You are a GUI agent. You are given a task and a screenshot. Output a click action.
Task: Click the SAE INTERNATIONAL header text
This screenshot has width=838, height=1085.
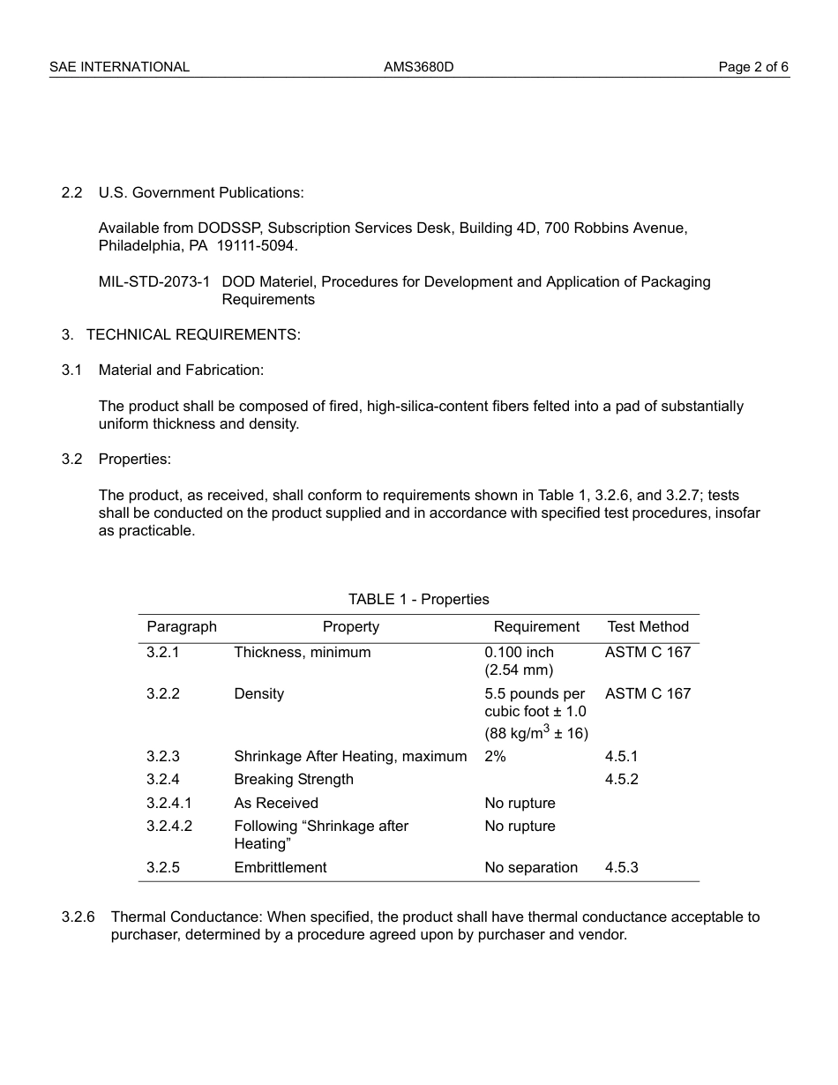pyautogui.click(x=119, y=67)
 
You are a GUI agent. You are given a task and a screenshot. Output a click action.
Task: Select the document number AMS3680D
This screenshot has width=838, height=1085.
pyautogui.click(x=418, y=67)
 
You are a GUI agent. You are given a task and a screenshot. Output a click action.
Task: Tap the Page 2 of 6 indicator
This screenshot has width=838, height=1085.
pyautogui.click(x=753, y=67)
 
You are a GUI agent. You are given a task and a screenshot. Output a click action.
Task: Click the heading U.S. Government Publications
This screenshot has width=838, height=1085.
pyautogui.click(x=200, y=192)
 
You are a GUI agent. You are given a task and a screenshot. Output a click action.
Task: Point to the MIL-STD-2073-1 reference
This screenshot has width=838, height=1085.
pyautogui.click(x=154, y=282)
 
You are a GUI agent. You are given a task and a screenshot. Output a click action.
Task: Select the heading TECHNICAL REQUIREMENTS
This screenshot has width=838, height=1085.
pyautogui.click(x=193, y=334)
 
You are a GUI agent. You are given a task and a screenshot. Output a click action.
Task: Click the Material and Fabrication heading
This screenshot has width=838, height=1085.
pyautogui.click(x=181, y=370)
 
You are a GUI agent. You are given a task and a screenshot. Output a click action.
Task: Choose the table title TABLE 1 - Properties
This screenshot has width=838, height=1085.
pyautogui.click(x=418, y=600)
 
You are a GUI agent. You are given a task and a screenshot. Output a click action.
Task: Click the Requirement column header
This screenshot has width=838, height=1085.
pyautogui.click(x=536, y=627)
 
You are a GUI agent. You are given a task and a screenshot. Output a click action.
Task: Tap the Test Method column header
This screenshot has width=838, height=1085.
pyautogui.click(x=647, y=627)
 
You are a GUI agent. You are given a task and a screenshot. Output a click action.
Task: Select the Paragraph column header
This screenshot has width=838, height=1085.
pyautogui.click(x=182, y=627)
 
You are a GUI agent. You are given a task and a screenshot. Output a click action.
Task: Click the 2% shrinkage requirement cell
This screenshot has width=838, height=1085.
pyautogui.click(x=495, y=756)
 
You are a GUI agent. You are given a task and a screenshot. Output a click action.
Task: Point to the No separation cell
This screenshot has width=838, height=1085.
pyautogui.click(x=531, y=868)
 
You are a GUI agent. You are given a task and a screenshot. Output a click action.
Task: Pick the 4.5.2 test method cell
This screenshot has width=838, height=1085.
pyautogui.click(x=621, y=780)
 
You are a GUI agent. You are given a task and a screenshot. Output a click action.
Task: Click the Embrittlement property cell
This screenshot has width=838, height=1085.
pyautogui.click(x=280, y=868)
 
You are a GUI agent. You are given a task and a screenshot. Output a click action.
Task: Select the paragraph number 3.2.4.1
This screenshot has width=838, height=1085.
pyautogui.click(x=169, y=804)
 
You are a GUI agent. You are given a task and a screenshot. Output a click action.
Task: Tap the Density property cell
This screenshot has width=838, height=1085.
pyautogui.click(x=258, y=694)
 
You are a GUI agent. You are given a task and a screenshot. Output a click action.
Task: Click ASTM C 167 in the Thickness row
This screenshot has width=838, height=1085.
pyautogui.click(x=647, y=653)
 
